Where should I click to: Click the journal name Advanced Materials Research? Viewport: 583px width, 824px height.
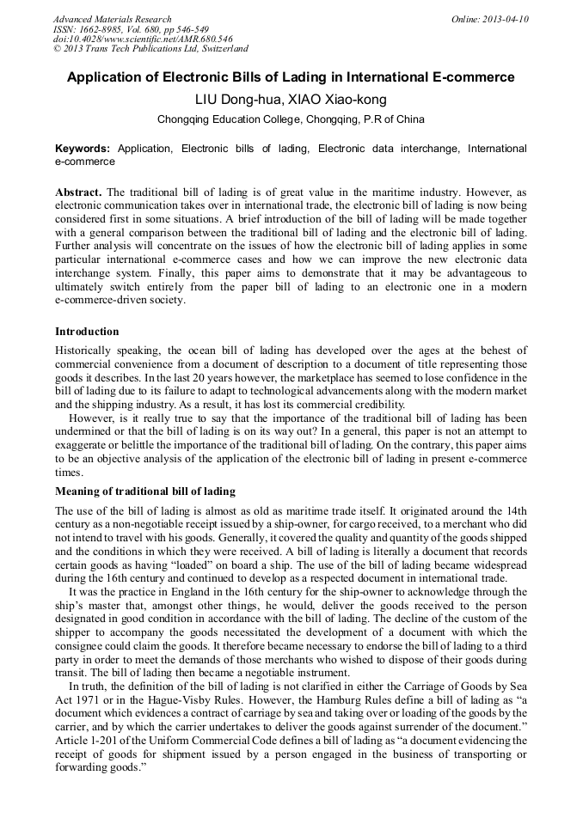pyautogui.click(x=112, y=19)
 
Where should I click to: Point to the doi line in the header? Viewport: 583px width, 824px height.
pyautogui.click(x=142, y=40)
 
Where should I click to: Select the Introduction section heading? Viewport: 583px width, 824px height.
pyautogui.click(x=87, y=331)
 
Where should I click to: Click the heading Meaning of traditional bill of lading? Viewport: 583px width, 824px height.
pyautogui.click(x=144, y=491)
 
